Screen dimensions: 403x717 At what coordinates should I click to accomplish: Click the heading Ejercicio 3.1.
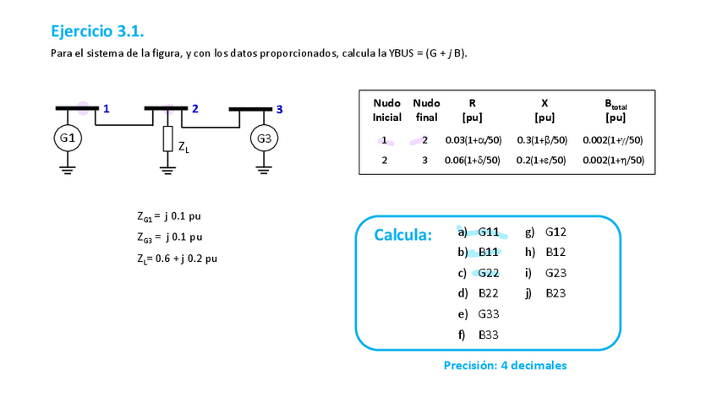pyautogui.click(x=97, y=32)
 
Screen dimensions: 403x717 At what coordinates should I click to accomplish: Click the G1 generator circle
pyautogui.click(x=67, y=138)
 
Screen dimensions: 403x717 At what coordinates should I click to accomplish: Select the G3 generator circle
pyautogui.click(x=264, y=138)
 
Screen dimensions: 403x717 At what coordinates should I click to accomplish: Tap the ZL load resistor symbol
pyautogui.click(x=167, y=139)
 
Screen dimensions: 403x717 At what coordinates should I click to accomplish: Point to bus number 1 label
pyautogui.click(x=106, y=108)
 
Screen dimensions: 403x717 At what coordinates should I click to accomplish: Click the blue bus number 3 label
pyautogui.click(x=280, y=109)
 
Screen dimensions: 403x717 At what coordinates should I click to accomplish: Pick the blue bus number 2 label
pyautogui.click(x=195, y=108)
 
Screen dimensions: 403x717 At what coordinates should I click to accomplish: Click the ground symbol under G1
pyautogui.click(x=67, y=169)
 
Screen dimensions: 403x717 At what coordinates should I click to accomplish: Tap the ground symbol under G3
pyautogui.click(x=264, y=169)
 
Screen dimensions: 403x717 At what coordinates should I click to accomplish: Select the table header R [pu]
pyautogui.click(x=472, y=110)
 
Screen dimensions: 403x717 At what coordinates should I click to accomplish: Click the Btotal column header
pyautogui.click(x=615, y=110)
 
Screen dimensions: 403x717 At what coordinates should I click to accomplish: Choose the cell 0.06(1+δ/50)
pyautogui.click(x=473, y=160)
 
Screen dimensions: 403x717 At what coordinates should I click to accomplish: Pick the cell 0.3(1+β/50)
pyautogui.click(x=541, y=139)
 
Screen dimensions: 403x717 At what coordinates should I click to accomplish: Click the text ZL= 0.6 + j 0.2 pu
pyautogui.click(x=177, y=258)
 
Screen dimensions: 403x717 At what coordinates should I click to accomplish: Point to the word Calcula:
pyautogui.click(x=402, y=235)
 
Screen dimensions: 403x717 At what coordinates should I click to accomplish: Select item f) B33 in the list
pyautogui.click(x=479, y=335)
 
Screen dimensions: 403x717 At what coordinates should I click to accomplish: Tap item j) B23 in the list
pyautogui.click(x=545, y=293)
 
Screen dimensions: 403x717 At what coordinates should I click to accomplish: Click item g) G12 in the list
pyautogui.click(x=545, y=231)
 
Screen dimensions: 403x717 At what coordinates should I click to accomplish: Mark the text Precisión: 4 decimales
pyautogui.click(x=505, y=366)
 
